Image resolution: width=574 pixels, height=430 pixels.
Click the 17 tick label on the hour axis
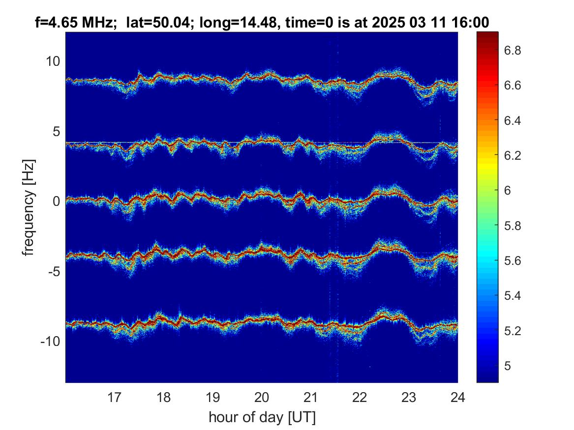[114, 397]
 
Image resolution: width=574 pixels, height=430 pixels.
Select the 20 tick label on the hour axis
[262, 397]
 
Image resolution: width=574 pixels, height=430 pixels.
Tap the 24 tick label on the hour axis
[457, 397]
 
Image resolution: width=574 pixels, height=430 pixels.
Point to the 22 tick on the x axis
[360, 397]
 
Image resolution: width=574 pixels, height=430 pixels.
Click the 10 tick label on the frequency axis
[53, 61]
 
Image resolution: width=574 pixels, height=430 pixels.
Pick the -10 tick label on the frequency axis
[50, 342]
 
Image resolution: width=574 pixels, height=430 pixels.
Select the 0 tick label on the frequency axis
[56, 201]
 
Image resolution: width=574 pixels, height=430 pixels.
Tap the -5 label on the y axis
[54, 272]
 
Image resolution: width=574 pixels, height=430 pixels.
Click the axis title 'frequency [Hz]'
[29, 207]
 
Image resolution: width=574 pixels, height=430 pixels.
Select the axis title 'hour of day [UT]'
[262, 417]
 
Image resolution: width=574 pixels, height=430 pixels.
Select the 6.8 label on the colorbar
[513, 50]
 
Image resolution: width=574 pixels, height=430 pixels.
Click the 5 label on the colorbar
[508, 366]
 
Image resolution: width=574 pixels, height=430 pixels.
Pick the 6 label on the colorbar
[508, 191]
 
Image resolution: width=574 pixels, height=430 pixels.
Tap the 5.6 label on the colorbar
[513, 261]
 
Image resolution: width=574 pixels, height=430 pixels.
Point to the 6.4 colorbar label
[513, 120]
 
